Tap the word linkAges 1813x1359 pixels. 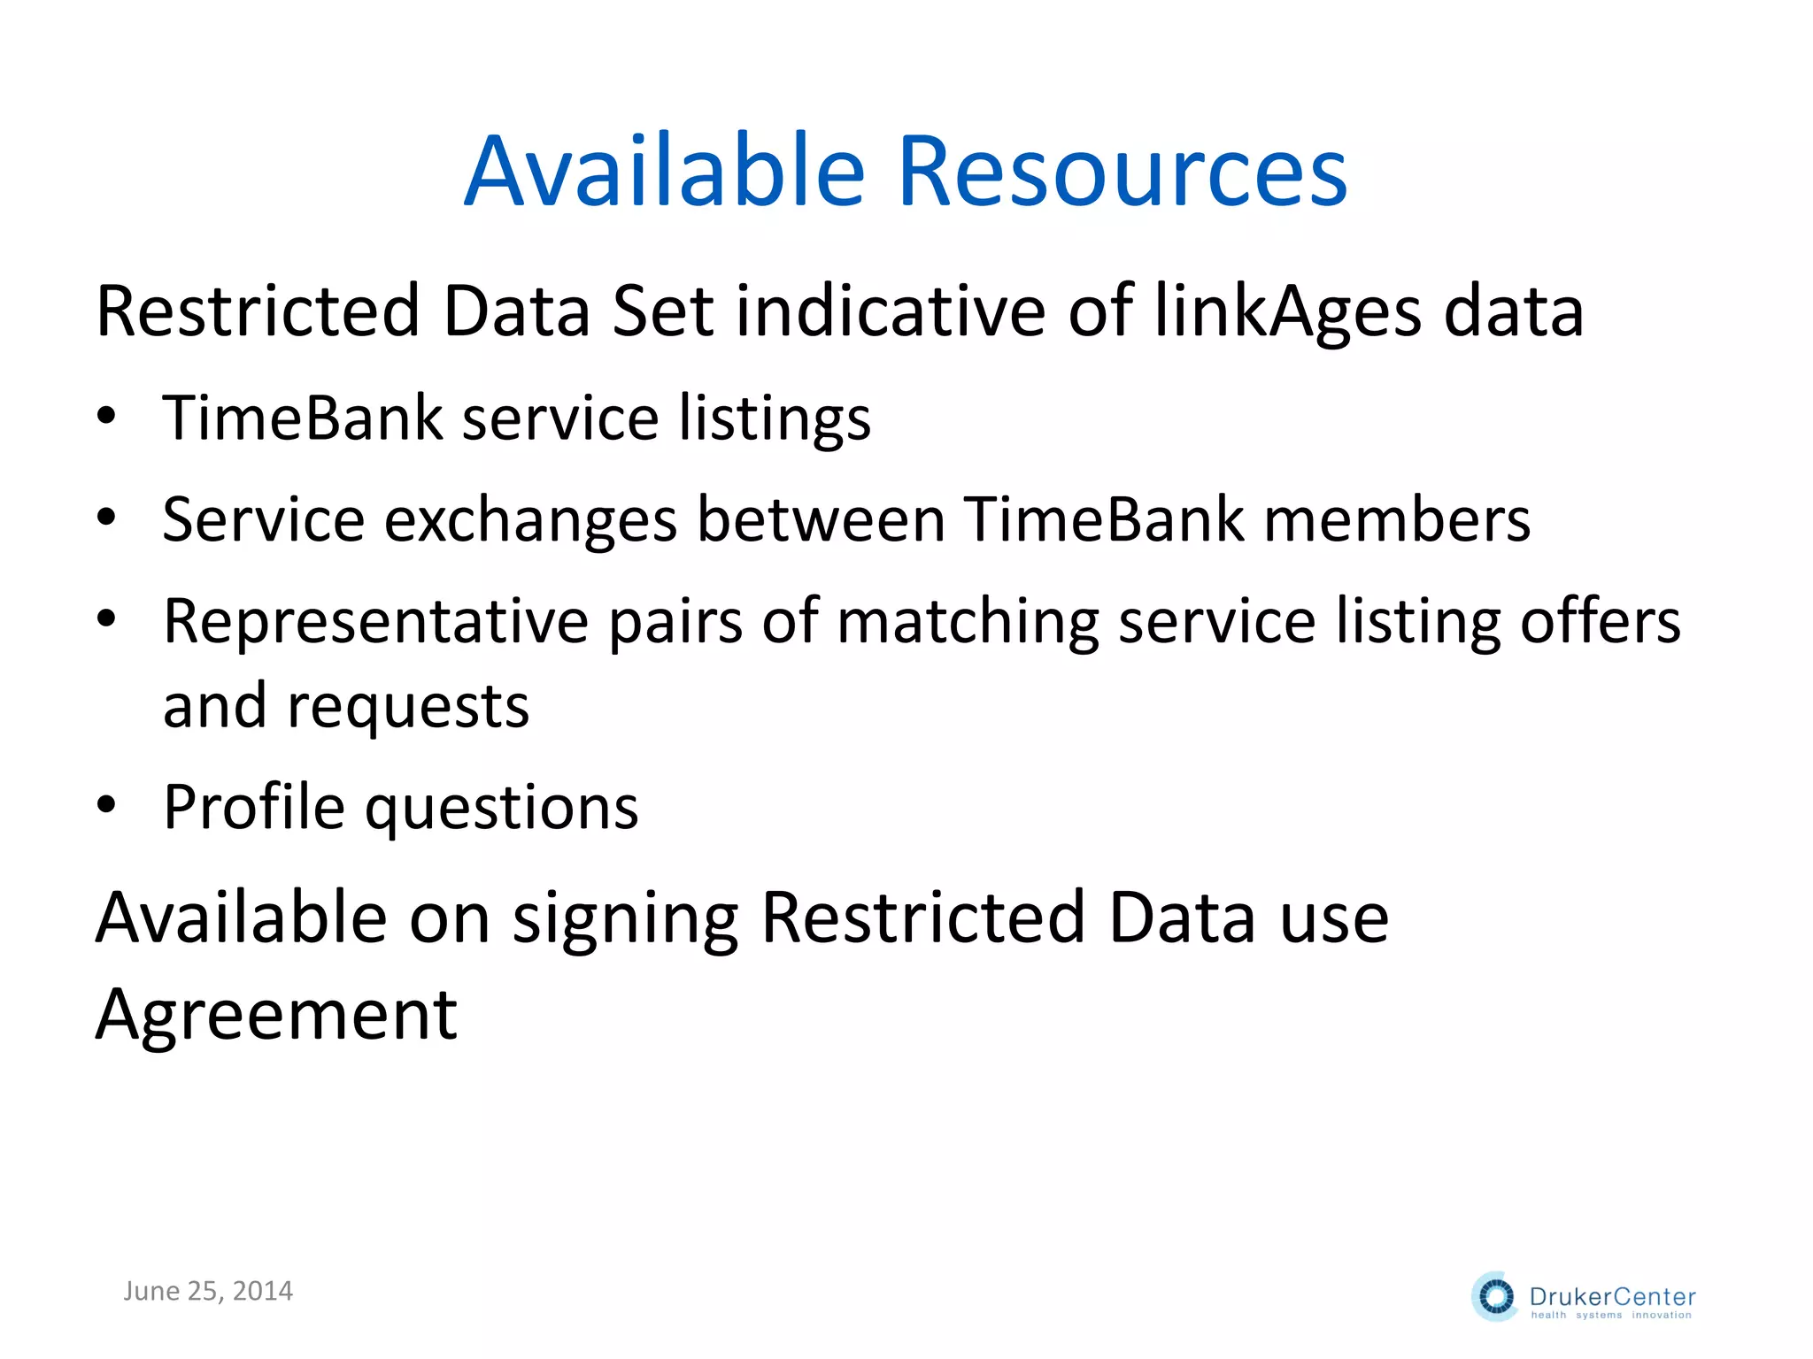[1288, 312]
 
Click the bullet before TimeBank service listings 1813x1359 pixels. [107, 417]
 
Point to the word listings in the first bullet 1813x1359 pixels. [775, 419]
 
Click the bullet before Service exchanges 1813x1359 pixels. [107, 518]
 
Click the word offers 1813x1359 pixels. [1600, 621]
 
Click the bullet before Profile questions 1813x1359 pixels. [107, 806]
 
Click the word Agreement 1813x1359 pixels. [276, 1016]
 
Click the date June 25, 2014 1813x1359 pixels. [208, 1291]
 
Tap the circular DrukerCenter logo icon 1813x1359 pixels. [1496, 1297]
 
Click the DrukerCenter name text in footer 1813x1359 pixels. [1612, 1297]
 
